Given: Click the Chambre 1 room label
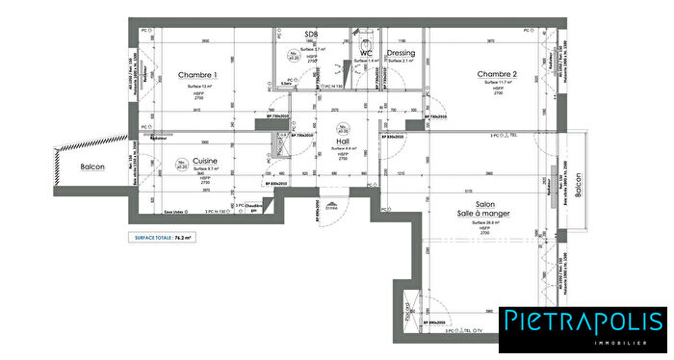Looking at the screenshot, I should (198, 75).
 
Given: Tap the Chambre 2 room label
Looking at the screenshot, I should (497, 75).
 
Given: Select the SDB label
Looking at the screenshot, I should (310, 36).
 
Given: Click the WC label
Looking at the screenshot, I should (366, 53).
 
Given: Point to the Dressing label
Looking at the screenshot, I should (402, 53).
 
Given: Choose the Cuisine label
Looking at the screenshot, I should (204, 161).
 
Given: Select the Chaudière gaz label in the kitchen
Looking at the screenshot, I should (253, 209).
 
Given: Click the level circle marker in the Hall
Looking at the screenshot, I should (344, 127).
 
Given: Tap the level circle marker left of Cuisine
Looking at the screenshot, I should (181, 166).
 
